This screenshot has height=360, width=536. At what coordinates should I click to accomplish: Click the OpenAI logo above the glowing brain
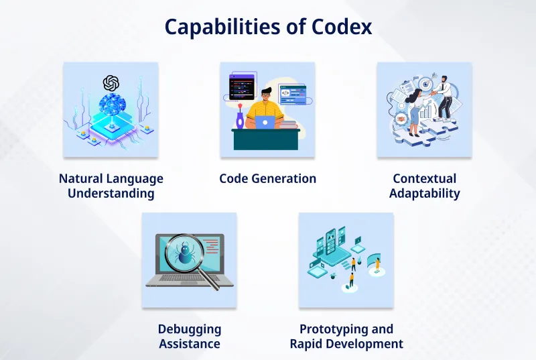pyautogui.click(x=111, y=82)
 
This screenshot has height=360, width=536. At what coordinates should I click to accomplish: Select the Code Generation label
pyautogui.click(x=267, y=179)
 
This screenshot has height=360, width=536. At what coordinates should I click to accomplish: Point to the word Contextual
pyautogui.click(x=424, y=179)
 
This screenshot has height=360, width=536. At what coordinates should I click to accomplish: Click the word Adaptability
pyautogui.click(x=424, y=194)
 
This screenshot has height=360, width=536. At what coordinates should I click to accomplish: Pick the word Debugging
pyautogui.click(x=189, y=329)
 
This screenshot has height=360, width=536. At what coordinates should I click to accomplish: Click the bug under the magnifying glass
pyautogui.click(x=183, y=253)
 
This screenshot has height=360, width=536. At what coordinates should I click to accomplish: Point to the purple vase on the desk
pyautogui.click(x=240, y=121)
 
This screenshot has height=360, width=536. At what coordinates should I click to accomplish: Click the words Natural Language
pyautogui.click(x=111, y=179)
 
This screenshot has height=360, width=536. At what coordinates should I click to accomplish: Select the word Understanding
pyautogui.click(x=111, y=194)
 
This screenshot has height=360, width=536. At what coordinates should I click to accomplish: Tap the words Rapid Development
pyautogui.click(x=346, y=344)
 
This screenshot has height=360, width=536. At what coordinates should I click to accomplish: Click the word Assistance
pyautogui.click(x=189, y=344)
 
